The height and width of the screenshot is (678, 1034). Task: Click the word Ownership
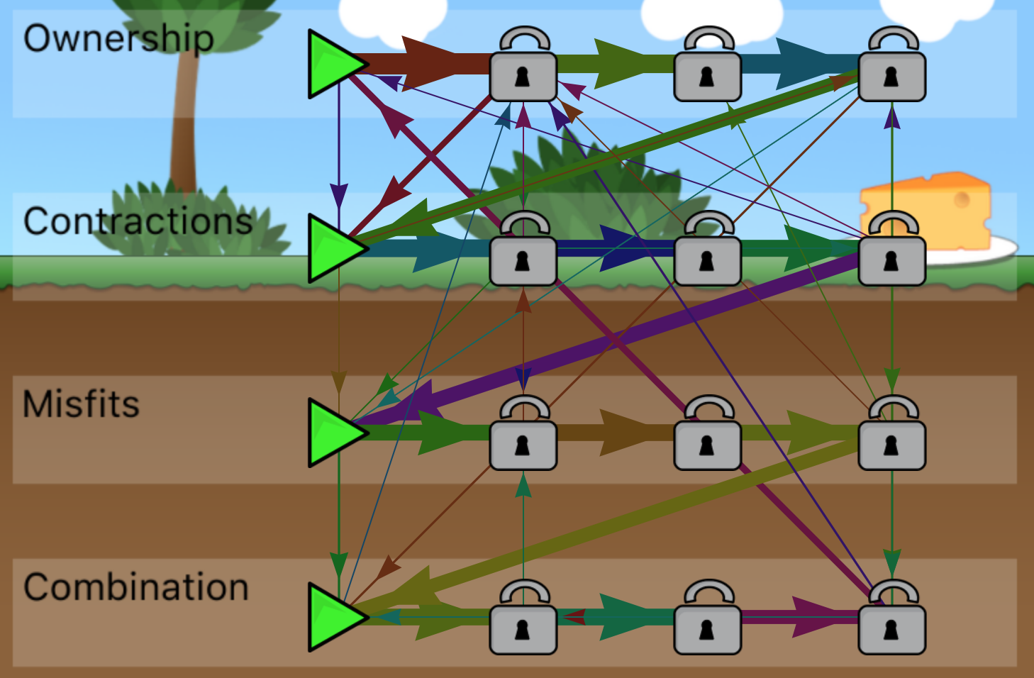[118, 39]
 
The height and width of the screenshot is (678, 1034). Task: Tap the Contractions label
[138, 222]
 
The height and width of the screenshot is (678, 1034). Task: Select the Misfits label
[82, 405]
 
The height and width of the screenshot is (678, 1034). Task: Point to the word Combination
[136, 588]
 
